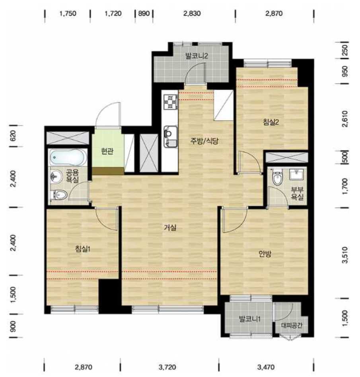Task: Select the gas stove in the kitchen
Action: coord(171,102)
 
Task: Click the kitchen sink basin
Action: coord(171,137)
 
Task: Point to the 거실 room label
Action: coord(170,227)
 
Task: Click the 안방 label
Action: coord(265,254)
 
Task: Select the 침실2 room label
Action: coord(271,122)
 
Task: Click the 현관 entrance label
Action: coord(107,151)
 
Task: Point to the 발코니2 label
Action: coord(197,56)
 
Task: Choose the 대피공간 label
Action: coord(292,326)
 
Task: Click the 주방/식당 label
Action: coord(204,141)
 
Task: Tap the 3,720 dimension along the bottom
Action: coord(167,367)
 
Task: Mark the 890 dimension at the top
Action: coord(144,13)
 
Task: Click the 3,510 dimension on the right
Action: coord(345,255)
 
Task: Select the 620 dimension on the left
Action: coord(13,136)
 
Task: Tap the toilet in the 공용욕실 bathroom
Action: coord(58,195)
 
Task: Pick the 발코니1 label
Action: coord(249,319)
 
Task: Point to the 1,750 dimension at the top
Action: coord(68,13)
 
